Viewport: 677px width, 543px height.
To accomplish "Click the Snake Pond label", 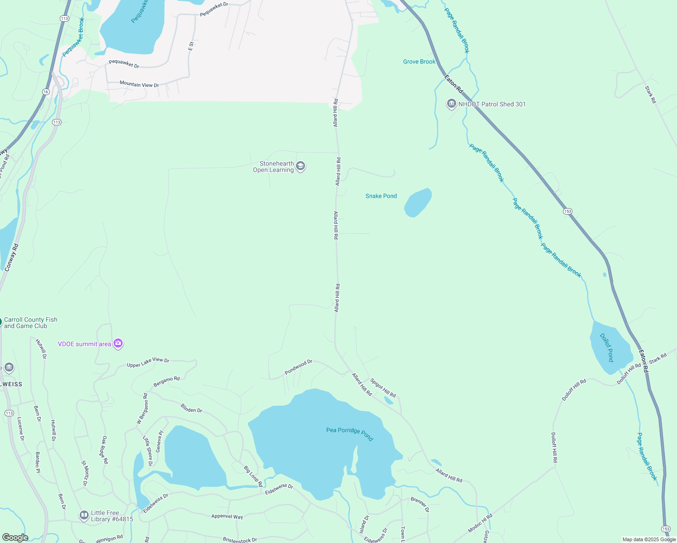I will [381, 196].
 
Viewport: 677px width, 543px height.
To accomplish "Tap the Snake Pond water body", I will [417, 203].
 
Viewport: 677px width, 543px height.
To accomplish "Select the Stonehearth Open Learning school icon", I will [300, 167].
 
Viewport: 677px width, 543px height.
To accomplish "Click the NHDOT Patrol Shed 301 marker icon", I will [451, 104].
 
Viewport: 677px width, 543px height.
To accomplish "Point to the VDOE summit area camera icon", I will [118, 344].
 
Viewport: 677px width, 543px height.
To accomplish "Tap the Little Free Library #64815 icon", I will [84, 515].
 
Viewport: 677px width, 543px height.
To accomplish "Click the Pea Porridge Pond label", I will [350, 433].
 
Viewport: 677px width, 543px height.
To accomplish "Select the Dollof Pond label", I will [607, 347].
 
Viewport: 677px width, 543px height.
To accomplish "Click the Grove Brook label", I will [419, 62].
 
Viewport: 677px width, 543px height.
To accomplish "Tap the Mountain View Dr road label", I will [139, 84].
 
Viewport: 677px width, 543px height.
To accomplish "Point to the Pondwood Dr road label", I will [298, 367].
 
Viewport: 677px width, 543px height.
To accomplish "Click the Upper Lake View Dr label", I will [148, 362].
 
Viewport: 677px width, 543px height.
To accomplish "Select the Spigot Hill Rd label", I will [383, 388].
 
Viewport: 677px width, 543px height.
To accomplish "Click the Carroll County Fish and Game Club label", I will [30, 323].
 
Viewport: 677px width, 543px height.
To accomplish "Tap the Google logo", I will [15, 537].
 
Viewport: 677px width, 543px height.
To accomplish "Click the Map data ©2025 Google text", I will [648, 539].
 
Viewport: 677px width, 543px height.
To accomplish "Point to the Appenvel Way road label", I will [227, 516].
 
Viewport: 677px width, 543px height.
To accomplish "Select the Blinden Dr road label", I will [191, 408].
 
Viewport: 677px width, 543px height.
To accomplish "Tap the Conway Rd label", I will [12, 257].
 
